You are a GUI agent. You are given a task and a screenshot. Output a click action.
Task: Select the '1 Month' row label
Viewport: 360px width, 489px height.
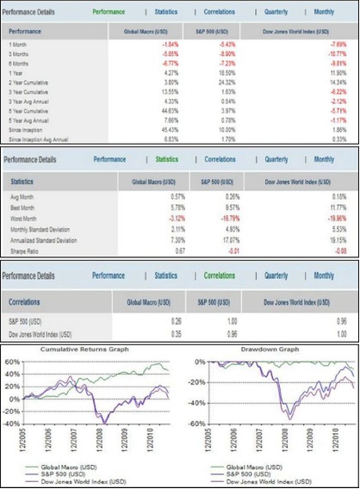[18, 43]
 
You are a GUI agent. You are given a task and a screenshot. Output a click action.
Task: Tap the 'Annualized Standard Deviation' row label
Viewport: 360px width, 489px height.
[48, 242]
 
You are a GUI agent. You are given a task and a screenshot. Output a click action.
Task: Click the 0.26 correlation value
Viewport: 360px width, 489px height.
[154, 320]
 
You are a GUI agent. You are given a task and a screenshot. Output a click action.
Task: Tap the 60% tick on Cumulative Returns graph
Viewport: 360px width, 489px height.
[13, 362]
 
